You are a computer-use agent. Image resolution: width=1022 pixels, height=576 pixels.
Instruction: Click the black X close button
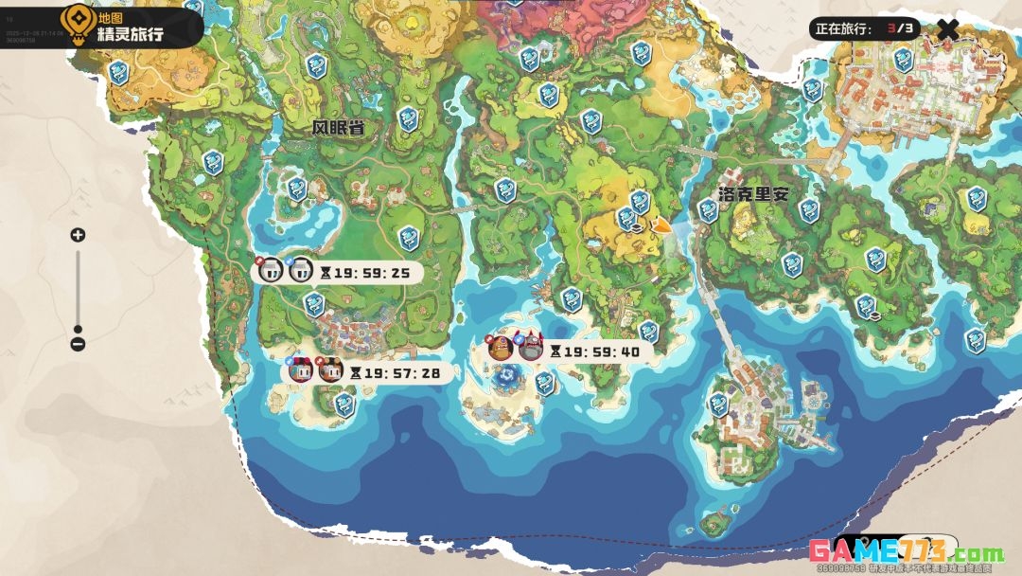click(x=947, y=28)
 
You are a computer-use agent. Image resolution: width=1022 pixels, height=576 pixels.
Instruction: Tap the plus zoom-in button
click(x=79, y=235)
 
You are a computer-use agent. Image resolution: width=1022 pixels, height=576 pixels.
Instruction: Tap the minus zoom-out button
click(x=79, y=344)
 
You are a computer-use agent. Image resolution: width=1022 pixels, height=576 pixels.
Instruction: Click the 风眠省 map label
click(x=339, y=128)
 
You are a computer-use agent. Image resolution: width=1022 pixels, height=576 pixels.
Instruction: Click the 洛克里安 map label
click(x=753, y=194)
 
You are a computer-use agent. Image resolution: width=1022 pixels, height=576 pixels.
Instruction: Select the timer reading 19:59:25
click(x=372, y=273)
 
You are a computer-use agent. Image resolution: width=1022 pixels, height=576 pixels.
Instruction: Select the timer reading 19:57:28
click(x=402, y=373)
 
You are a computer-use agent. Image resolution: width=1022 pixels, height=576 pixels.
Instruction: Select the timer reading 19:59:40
click(x=603, y=351)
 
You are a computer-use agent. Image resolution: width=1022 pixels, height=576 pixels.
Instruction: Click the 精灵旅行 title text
click(x=131, y=35)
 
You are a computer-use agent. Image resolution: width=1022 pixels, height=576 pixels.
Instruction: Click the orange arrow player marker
click(x=661, y=225)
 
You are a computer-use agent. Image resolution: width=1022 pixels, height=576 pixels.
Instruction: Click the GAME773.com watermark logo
click(x=905, y=552)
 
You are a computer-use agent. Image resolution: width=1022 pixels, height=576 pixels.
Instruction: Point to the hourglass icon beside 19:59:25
click(x=326, y=273)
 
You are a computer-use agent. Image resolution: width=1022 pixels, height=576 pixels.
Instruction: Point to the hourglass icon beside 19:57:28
click(x=356, y=373)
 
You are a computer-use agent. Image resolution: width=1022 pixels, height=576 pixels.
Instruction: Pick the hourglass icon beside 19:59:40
click(x=556, y=351)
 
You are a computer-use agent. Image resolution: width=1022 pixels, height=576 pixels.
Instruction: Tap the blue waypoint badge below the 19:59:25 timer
click(x=313, y=304)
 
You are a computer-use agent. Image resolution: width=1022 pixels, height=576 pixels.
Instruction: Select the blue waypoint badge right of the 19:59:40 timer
click(x=648, y=332)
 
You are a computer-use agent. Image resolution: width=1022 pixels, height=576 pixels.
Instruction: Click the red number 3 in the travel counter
click(x=890, y=28)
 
